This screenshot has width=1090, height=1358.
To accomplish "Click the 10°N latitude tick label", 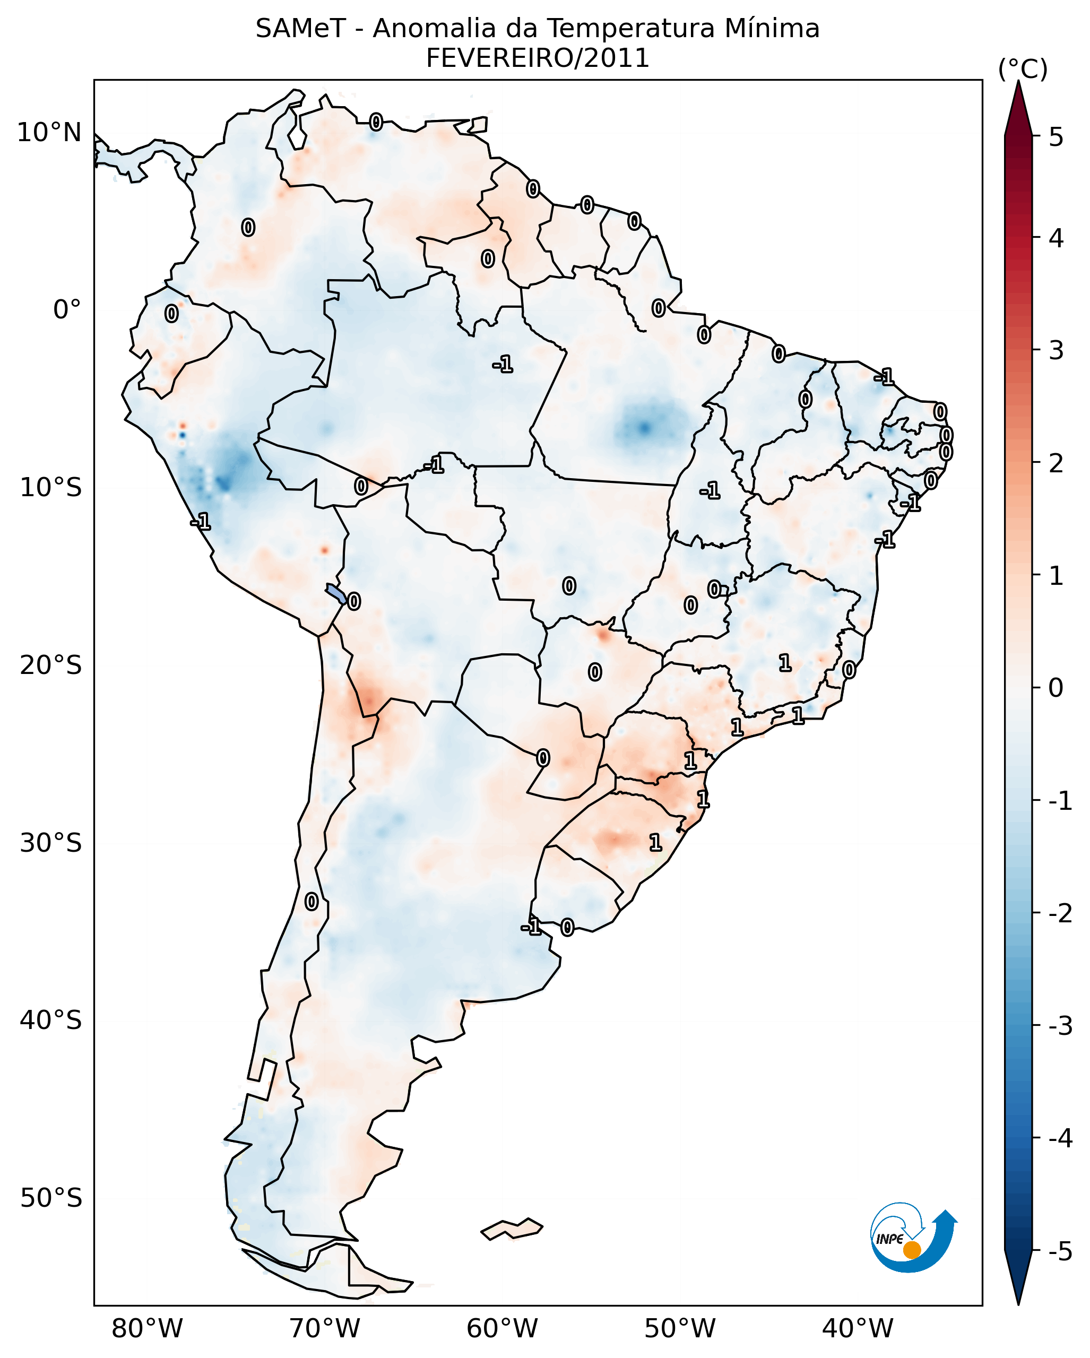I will (x=49, y=133).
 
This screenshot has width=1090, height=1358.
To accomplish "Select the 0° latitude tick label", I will (x=67, y=310).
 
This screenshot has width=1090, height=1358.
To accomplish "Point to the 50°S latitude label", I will (x=50, y=1198).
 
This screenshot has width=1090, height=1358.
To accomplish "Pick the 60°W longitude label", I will (x=502, y=1328).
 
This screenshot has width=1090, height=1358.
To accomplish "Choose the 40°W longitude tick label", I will (x=857, y=1328).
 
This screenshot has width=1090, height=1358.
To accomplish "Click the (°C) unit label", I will (x=1023, y=70).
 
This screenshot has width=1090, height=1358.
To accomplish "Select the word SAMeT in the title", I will (x=300, y=29).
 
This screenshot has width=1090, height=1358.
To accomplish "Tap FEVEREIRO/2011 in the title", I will (x=537, y=58).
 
